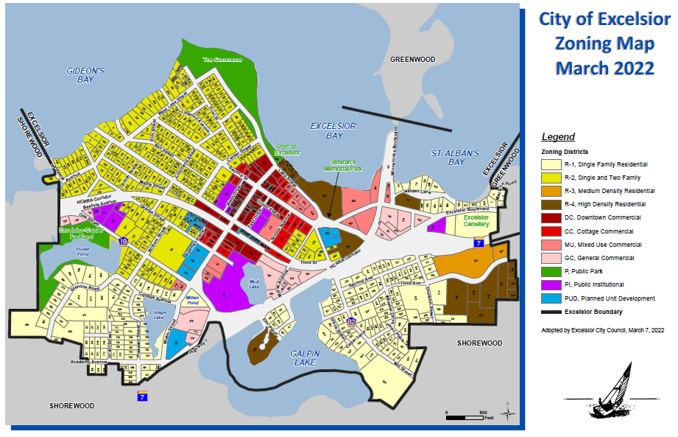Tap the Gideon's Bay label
click(x=85, y=75)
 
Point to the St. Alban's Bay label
click(x=454, y=158)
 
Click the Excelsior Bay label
click(x=333, y=131)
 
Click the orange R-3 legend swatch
click(x=551, y=191)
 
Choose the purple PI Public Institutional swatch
click(x=551, y=284)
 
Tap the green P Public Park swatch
click(x=551, y=271)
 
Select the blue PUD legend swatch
click(x=551, y=298)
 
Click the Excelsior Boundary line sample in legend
click(x=551, y=312)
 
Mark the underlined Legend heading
click(x=558, y=136)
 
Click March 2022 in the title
click(x=604, y=69)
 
